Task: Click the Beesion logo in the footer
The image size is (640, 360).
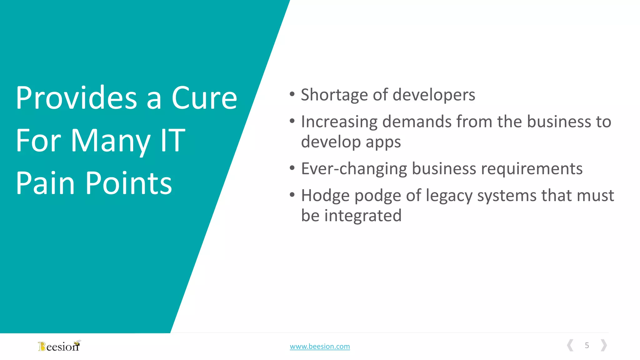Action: coord(59,346)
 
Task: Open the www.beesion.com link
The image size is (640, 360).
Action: coord(320,346)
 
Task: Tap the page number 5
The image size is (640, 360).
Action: coord(587,345)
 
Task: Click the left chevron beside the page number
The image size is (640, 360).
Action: coord(570,345)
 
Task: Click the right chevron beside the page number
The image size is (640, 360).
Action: coord(604,345)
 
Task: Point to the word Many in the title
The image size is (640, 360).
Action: coord(111,141)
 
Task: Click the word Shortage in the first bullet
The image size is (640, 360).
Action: coord(334,95)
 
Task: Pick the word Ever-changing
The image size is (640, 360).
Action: coord(354,169)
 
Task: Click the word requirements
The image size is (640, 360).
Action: coord(532,169)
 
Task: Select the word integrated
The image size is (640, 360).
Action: coord(363,216)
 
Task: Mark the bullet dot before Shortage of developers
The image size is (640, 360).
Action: coord(292,94)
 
